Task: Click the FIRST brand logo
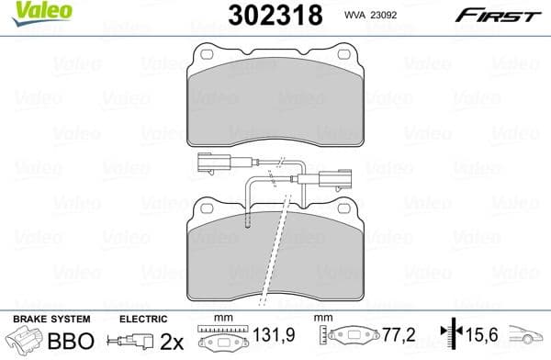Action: tap(505, 15)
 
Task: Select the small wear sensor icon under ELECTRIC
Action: tap(133, 343)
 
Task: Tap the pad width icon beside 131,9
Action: tap(225, 341)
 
